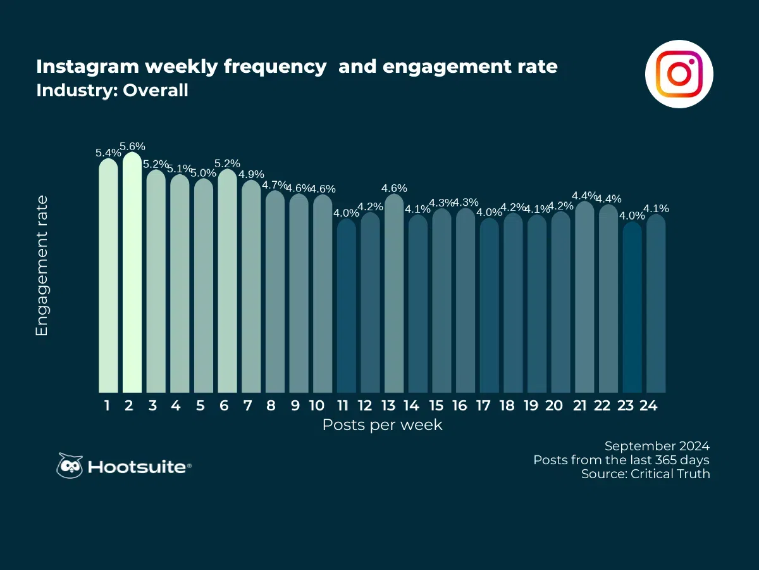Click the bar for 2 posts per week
point(132,272)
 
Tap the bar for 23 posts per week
point(632,307)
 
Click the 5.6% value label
point(132,146)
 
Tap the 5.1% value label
point(180,168)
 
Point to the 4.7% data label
point(275,185)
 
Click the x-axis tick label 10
point(318,406)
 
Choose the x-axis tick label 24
point(648,406)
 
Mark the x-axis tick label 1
point(108,406)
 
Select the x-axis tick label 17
point(483,406)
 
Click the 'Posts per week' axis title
point(382,425)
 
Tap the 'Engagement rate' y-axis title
point(42,266)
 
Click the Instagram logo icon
point(679,74)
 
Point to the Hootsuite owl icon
point(70,466)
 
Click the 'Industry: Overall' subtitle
point(112,91)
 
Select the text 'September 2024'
point(657,445)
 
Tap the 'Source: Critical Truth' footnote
point(645,474)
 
